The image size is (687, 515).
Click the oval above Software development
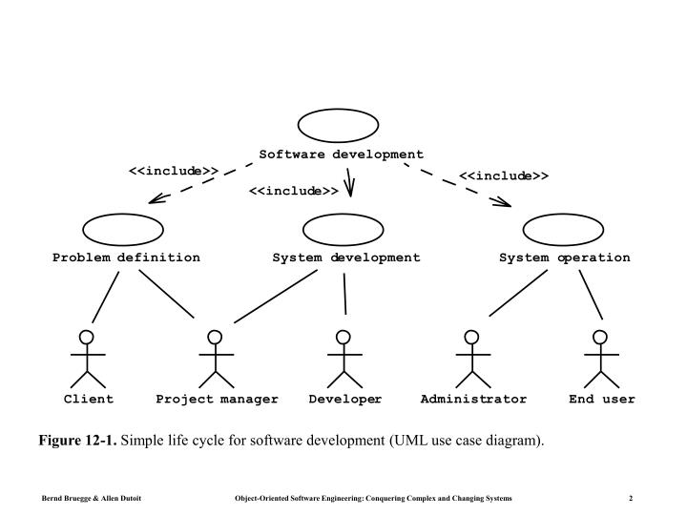coord(339,125)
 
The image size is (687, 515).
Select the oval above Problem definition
coord(122,229)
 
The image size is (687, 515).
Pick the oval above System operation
coord(564,229)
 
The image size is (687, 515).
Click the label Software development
coord(341,154)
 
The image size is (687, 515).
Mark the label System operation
coord(564,257)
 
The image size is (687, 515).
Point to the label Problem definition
coord(126,257)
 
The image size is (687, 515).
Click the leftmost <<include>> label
coord(174,172)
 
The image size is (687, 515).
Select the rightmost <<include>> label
coord(504,175)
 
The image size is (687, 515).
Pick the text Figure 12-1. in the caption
coord(77,440)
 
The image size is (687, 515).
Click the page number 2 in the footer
coord(632,499)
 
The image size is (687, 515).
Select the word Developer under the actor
coord(345,399)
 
